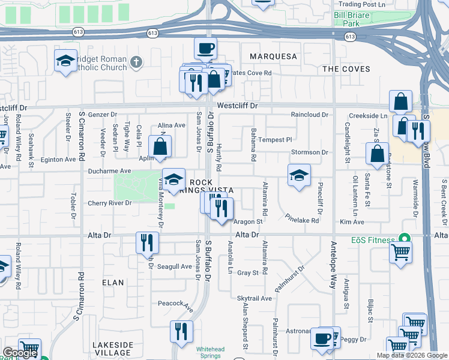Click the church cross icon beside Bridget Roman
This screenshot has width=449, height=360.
(x=136, y=61)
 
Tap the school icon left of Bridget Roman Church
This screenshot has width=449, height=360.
(x=65, y=61)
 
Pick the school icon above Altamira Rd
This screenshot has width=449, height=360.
(x=299, y=175)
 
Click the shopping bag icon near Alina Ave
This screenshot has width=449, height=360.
(x=160, y=146)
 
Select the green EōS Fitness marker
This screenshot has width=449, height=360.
(x=406, y=238)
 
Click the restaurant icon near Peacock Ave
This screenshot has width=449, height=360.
(x=182, y=331)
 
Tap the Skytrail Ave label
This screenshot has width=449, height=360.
(x=255, y=298)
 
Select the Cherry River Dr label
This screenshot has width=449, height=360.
(x=108, y=203)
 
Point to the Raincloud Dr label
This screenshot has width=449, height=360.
(x=309, y=115)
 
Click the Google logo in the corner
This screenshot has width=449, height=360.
(x=19, y=353)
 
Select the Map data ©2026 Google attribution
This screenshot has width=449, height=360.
(x=411, y=355)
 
